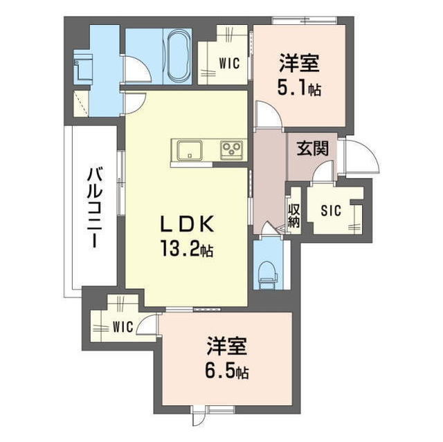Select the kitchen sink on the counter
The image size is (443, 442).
[x=188, y=150]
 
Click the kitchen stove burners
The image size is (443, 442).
[x=231, y=149]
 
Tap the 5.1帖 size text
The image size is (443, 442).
[x=299, y=89]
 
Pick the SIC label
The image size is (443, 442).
[x=330, y=210]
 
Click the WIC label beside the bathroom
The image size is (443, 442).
[x=229, y=63]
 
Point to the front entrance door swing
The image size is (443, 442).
[x=362, y=158]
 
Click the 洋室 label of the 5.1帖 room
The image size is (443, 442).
[x=299, y=64]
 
